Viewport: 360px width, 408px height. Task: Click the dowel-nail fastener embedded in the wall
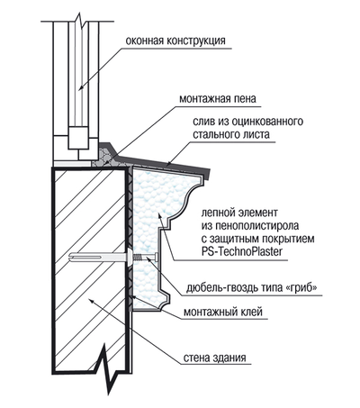(x=108, y=259)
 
